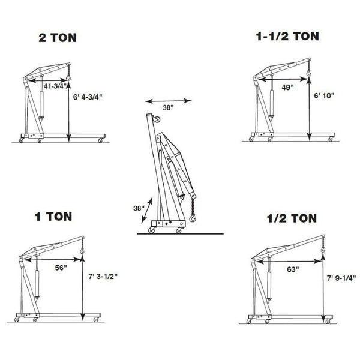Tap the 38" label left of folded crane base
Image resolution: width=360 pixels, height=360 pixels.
tap(139, 208)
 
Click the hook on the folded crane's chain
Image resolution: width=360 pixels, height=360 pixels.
tap(192, 220)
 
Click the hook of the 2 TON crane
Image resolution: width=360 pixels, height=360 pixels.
tap(69, 77)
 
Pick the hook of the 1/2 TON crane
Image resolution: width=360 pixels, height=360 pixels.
tap(323, 248)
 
